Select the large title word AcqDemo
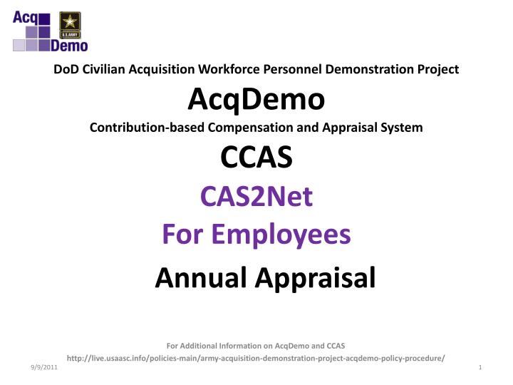256,100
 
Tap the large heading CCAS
256,158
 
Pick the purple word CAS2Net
256,196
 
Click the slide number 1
482,366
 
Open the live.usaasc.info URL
256,356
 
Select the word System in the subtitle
402,128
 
